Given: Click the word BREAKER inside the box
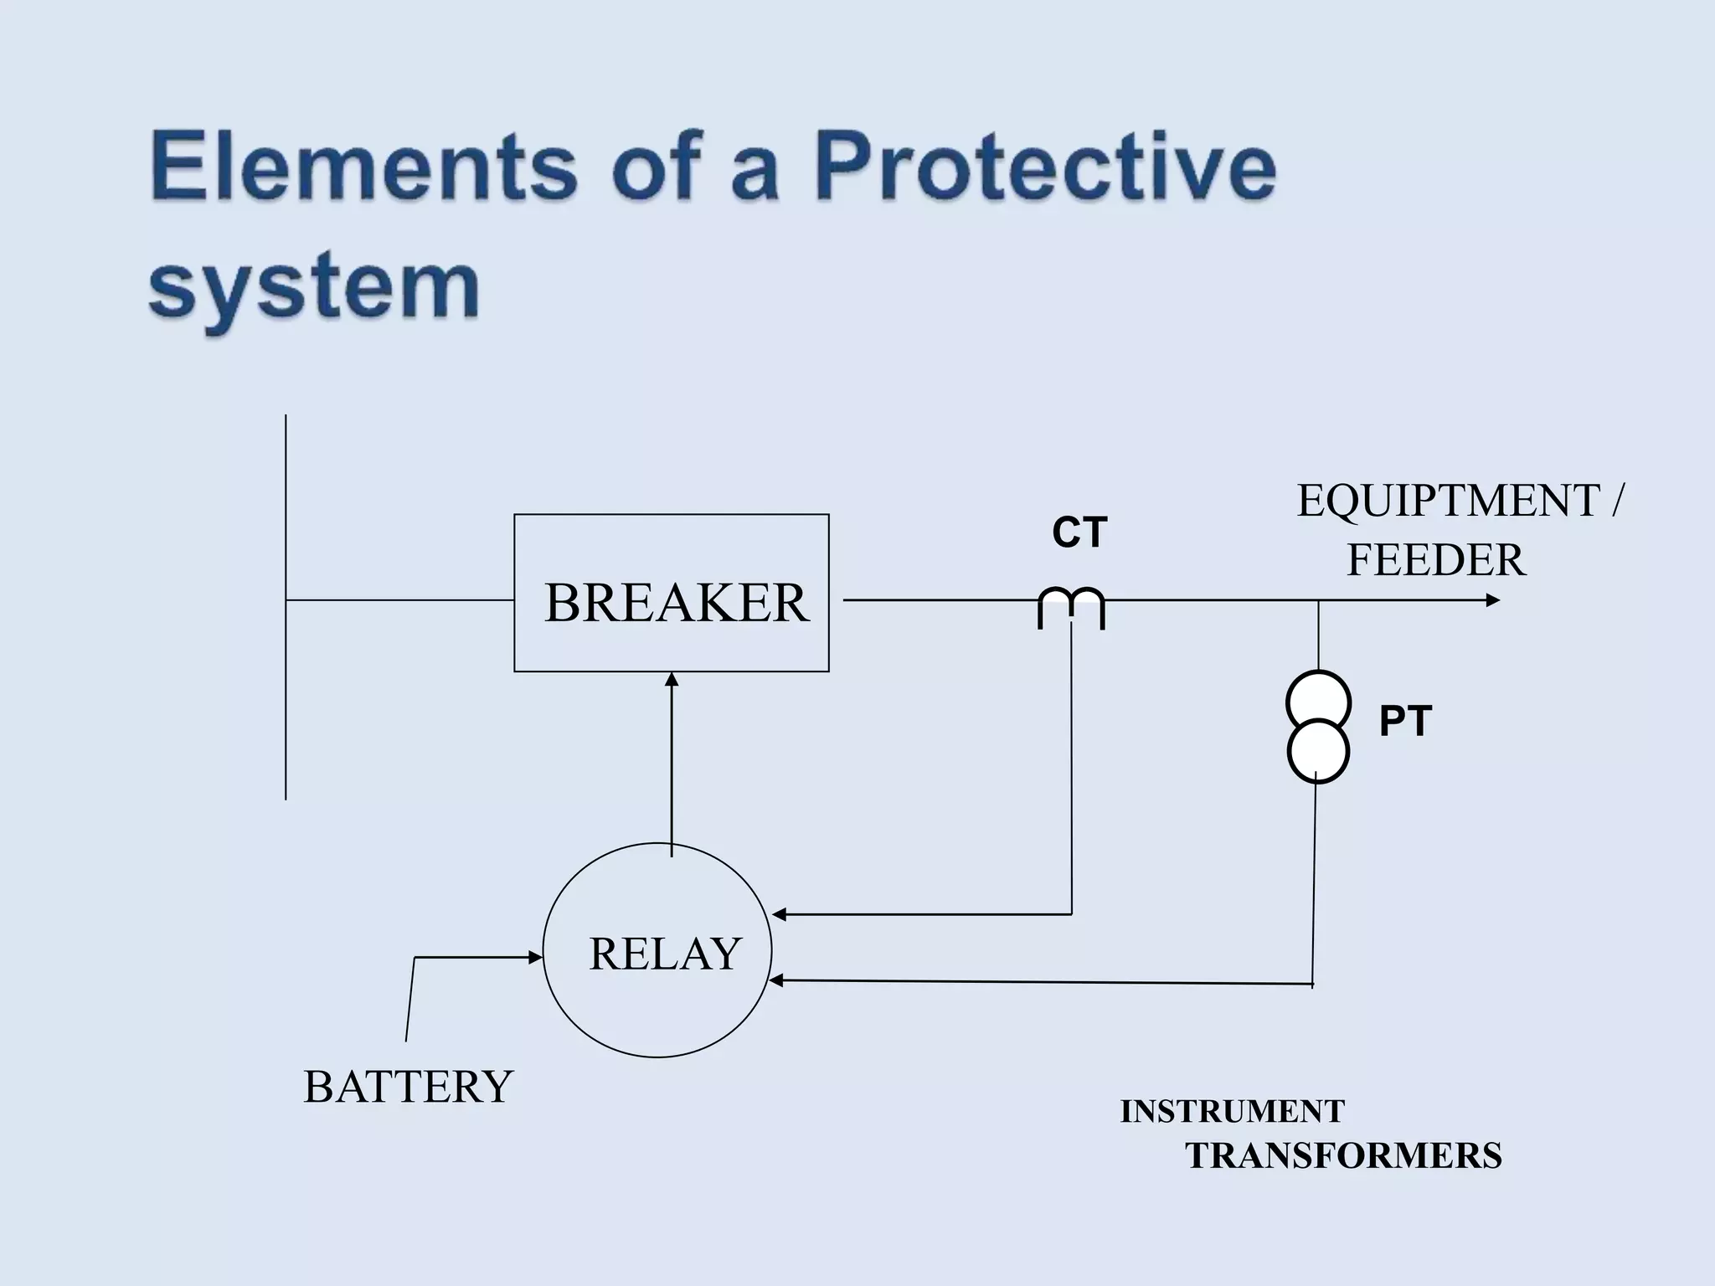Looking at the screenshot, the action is pyautogui.click(x=677, y=603).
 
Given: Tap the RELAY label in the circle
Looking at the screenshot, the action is pyautogui.click(x=665, y=954).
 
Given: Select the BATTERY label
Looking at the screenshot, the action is pyautogui.click(x=408, y=1087).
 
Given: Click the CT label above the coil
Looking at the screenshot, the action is pyautogui.click(x=1079, y=532).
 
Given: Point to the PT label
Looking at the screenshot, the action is pyautogui.click(x=1405, y=722).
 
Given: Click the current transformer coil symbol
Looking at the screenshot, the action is pyautogui.click(x=1072, y=607).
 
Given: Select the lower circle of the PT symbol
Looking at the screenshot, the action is pyautogui.click(x=1318, y=751).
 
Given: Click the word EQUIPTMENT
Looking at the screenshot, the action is pyautogui.click(x=1449, y=501).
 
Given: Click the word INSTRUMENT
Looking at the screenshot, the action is pyautogui.click(x=1233, y=1111).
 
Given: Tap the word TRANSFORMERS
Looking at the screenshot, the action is pyautogui.click(x=1343, y=1156).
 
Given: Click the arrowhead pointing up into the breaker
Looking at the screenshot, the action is pyautogui.click(x=672, y=679).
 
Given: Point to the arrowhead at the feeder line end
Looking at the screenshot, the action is pyautogui.click(x=1492, y=600).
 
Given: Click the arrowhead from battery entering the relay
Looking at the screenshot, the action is pyautogui.click(x=536, y=957).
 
